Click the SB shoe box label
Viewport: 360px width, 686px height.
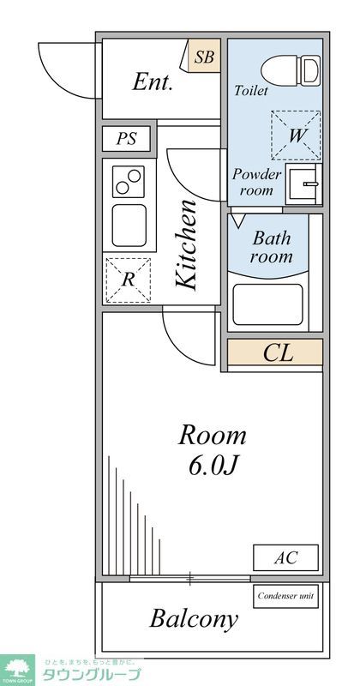coord(204,58)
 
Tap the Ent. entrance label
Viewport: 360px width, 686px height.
coord(153,83)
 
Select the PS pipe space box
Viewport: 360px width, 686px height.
coord(126,138)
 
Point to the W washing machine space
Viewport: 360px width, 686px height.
coord(296,135)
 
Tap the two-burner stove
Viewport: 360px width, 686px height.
coord(128,182)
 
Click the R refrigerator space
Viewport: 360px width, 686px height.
coord(127,279)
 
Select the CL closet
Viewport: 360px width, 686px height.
coord(275,353)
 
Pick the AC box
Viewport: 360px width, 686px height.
coord(285,557)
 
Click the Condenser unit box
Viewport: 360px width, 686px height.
coord(286,595)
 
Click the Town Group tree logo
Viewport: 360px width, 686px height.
coord(17,667)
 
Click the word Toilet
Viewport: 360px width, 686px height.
coord(251,90)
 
